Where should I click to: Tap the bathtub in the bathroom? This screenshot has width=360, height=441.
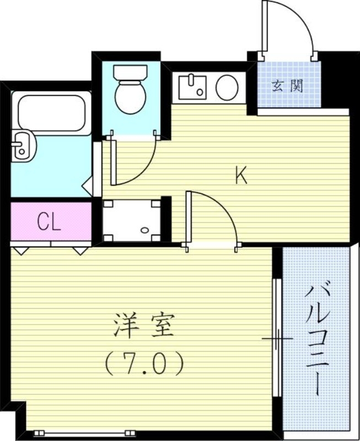51,112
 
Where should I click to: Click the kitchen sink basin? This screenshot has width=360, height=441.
192,87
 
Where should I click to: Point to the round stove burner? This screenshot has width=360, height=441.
227,88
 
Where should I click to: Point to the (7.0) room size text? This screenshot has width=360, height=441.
143,363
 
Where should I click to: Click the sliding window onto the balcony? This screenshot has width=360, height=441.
277,337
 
